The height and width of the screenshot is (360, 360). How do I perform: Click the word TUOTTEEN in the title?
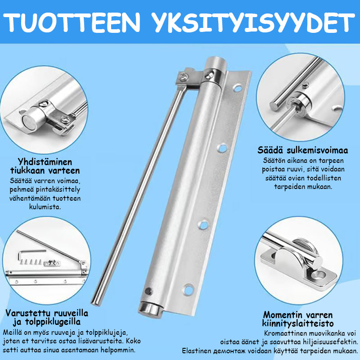coord(72,22)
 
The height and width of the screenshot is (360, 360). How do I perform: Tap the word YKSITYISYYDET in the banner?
coord(254,22)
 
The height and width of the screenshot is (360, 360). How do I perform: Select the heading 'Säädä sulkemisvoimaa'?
coord(302,150)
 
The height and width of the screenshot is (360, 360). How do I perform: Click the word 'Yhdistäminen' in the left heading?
coord(45,162)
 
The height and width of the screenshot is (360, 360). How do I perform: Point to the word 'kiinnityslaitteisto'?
coord(298,324)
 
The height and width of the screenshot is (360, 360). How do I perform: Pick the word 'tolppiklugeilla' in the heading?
coord(53,322)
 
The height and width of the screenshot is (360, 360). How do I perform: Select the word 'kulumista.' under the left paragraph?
coord(45,207)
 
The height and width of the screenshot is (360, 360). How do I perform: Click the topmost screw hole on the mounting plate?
coord(238,88)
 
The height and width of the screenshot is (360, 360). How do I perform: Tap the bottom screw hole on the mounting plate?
coord(189,290)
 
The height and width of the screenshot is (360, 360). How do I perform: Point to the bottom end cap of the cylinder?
coord(151,310)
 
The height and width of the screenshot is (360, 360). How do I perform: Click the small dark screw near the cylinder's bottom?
coord(148,291)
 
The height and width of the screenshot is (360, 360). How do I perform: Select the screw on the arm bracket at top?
coord(184,76)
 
